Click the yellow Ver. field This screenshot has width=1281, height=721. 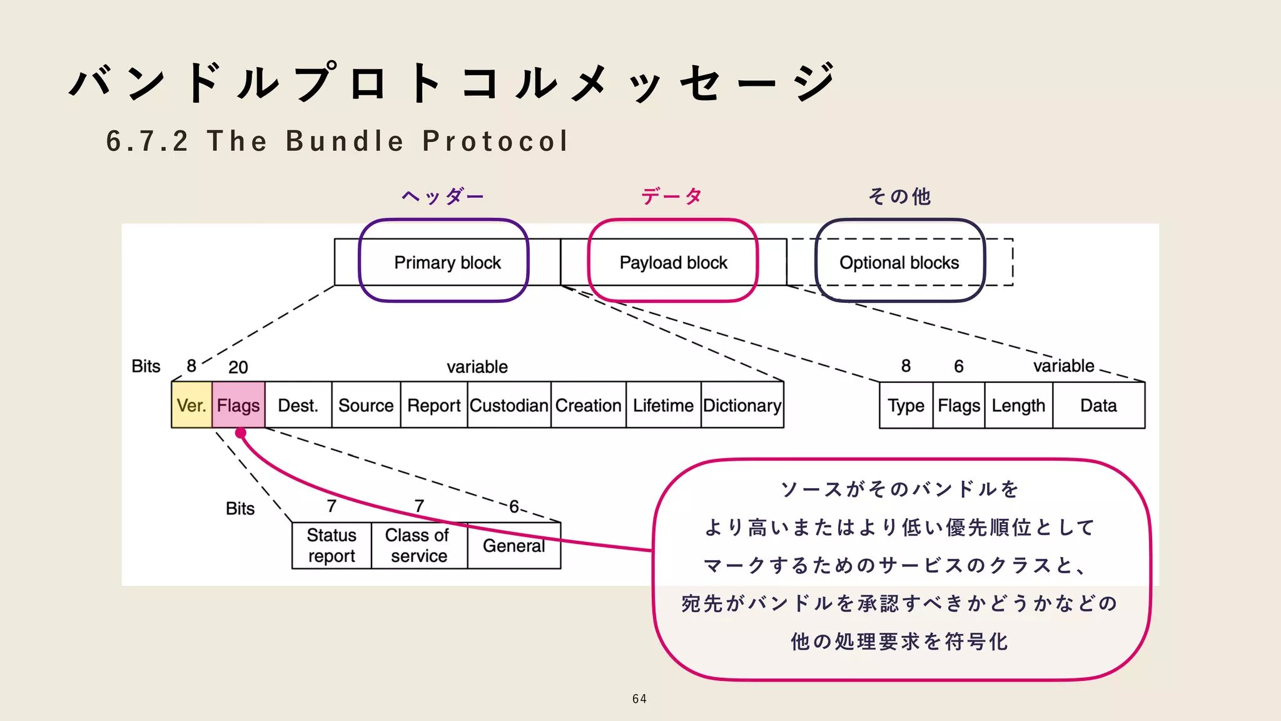tap(191, 406)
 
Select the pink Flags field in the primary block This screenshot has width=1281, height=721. tap(238, 406)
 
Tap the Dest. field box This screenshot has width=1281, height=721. tap(298, 406)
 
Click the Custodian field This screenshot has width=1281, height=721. tap(509, 406)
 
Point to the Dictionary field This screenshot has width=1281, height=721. tap(742, 406)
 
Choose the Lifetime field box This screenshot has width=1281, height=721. tap(663, 406)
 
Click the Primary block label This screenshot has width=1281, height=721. tap(447, 263)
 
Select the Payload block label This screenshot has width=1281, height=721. tap(673, 263)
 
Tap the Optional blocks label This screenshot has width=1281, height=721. tap(899, 263)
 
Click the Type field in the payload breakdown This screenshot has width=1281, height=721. tap(906, 406)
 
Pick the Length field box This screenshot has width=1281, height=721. tap(1018, 406)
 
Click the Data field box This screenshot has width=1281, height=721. tap(1098, 406)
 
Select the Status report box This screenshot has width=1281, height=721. tap(332, 545)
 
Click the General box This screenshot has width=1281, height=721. tap(514, 545)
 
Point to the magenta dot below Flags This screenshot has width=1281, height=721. tap(241, 433)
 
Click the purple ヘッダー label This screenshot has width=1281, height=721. tap(443, 197)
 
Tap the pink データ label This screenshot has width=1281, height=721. tap(672, 197)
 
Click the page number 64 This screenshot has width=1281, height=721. tap(639, 699)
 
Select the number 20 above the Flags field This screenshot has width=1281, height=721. tap(238, 367)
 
